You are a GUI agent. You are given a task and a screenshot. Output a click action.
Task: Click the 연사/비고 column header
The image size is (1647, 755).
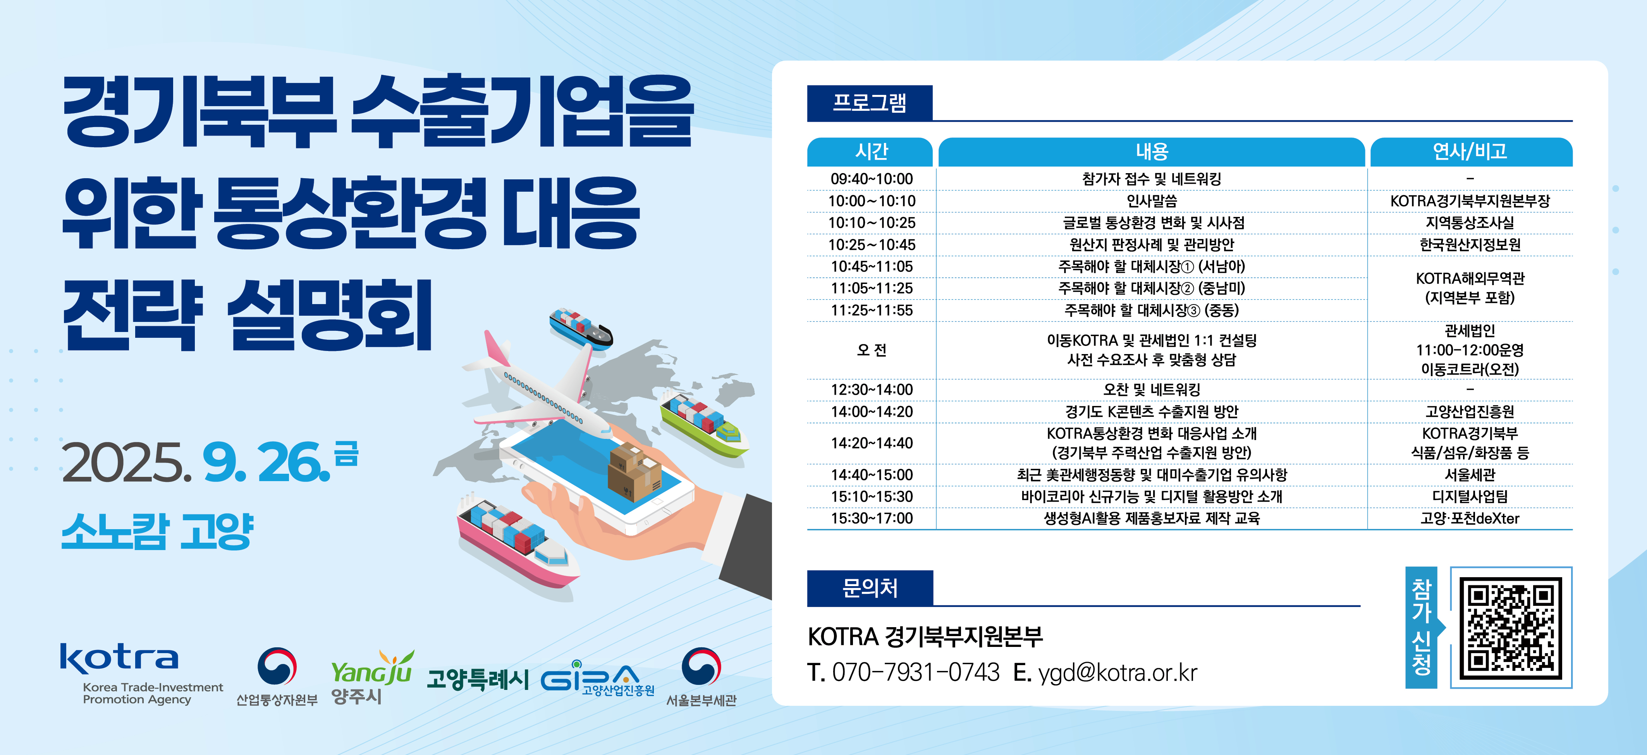pyautogui.click(x=1470, y=151)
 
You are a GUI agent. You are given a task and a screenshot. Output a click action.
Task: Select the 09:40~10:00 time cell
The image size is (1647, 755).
pyautogui.click(x=872, y=179)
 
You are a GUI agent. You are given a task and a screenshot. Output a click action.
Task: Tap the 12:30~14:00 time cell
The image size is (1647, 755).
pyautogui.click(x=872, y=389)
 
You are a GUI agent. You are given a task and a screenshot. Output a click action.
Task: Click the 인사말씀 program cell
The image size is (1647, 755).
pyautogui.click(x=1152, y=201)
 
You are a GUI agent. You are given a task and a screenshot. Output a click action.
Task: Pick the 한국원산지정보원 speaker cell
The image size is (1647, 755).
pyautogui.click(x=1470, y=245)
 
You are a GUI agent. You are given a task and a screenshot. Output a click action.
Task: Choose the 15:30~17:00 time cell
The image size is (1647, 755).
pyautogui.click(x=872, y=518)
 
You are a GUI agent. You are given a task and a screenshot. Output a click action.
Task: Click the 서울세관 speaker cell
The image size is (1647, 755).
pyautogui.click(x=1470, y=475)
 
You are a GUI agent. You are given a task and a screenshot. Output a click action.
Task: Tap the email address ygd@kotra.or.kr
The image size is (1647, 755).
pyautogui.click(x=1117, y=672)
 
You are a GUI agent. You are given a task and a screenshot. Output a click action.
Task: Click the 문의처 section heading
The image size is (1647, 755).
pyautogui.click(x=870, y=588)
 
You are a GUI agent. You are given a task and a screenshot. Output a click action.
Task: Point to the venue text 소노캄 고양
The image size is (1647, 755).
pyautogui.click(x=157, y=531)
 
